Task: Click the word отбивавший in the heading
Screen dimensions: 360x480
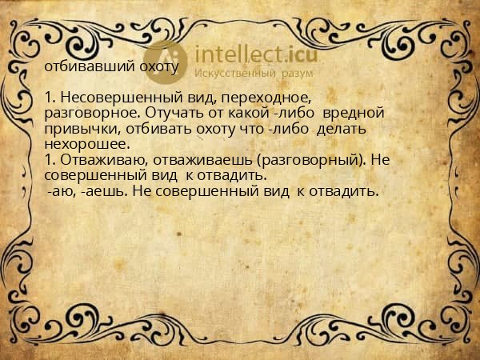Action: (x=79, y=66)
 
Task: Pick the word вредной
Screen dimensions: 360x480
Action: (x=348, y=113)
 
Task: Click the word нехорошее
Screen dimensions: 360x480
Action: (x=86, y=144)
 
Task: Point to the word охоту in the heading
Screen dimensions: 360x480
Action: (x=157, y=66)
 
